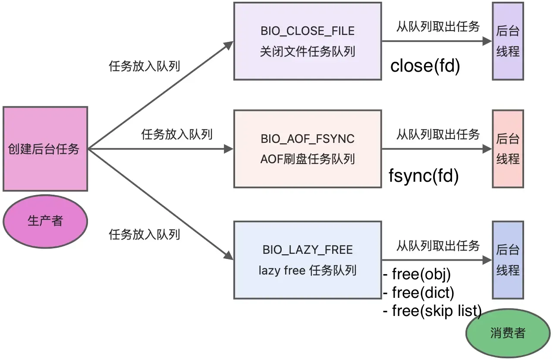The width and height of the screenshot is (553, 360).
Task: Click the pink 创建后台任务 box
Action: [x=45, y=149]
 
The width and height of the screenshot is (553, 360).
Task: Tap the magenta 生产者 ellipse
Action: [x=45, y=221]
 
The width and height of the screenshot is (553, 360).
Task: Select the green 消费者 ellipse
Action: [x=508, y=333]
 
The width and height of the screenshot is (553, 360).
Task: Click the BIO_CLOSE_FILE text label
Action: [x=308, y=31]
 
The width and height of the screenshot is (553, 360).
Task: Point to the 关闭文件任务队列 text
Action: [x=308, y=52]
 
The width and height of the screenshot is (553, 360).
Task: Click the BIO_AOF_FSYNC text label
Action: [x=308, y=139]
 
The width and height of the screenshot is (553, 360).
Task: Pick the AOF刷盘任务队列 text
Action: [x=308, y=159]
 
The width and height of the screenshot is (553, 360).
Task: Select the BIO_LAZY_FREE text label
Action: [x=308, y=250]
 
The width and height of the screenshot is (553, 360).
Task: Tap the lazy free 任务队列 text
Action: [x=308, y=271]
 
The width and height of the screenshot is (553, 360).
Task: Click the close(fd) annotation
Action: [x=425, y=66]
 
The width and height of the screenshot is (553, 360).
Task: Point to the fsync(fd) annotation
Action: [x=424, y=176]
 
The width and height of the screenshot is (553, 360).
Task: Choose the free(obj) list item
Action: [x=417, y=275]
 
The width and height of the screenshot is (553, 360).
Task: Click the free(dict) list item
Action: [x=419, y=293]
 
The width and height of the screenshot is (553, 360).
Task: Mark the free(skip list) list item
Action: [x=432, y=310]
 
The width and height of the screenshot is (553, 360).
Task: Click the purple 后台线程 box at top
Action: [x=508, y=41]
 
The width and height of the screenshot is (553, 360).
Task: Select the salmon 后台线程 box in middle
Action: [x=508, y=148]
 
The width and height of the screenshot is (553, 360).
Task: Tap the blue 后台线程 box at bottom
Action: [x=508, y=260]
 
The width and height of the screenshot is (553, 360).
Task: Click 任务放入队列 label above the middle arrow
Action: [x=177, y=134]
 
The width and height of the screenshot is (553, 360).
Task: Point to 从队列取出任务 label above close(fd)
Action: [x=438, y=26]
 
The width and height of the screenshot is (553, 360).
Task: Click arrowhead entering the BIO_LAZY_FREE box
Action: [x=229, y=255]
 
